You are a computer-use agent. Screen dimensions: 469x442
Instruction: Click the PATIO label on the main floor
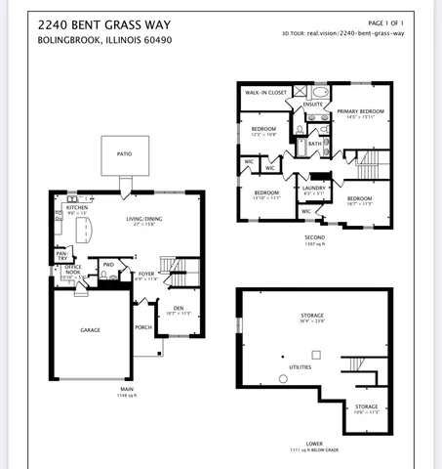(x=124, y=153)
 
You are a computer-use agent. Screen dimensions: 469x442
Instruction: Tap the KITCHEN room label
(x=77, y=207)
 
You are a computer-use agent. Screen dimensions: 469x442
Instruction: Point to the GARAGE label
(x=90, y=330)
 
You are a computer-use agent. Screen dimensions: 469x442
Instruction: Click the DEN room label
(x=179, y=308)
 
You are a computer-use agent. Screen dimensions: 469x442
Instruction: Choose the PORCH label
(x=142, y=327)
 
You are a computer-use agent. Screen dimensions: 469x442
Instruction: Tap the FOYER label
(x=146, y=274)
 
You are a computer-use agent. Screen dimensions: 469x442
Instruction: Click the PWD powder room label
(x=108, y=264)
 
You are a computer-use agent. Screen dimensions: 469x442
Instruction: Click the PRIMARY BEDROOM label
(x=360, y=111)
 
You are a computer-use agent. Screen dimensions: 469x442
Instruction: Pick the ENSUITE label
(x=312, y=104)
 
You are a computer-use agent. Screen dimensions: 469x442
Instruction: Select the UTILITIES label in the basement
(x=300, y=367)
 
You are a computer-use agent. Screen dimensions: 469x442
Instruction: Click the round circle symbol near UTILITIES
(x=283, y=377)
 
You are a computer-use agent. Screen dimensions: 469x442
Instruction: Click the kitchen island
(x=84, y=231)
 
